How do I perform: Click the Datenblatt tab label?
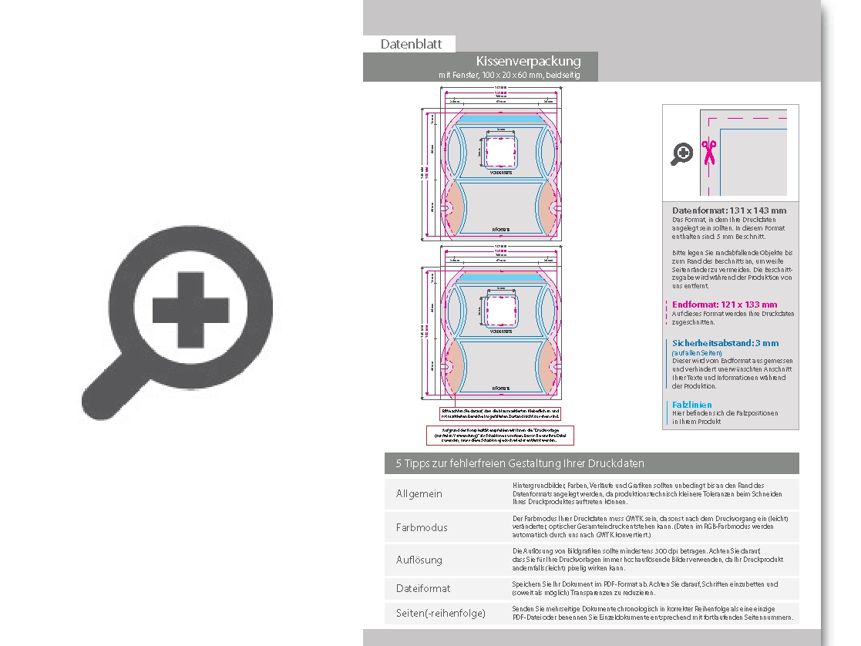[411, 45]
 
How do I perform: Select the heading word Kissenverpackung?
[528, 61]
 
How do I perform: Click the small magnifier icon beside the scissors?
[681, 154]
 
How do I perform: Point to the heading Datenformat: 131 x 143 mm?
[729, 210]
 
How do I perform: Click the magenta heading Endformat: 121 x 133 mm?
[725, 304]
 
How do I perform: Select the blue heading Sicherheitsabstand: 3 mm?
[725, 343]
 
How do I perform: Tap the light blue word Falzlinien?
[691, 405]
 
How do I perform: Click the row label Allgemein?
[419, 494]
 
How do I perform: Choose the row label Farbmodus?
[422, 527]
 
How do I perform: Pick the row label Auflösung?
[419, 560]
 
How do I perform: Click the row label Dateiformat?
[423, 589]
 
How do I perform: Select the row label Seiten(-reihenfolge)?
[441, 614]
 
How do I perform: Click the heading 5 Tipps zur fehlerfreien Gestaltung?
[520, 463]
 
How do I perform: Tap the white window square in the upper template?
[501, 152]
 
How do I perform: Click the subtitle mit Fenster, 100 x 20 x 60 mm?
[509, 76]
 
